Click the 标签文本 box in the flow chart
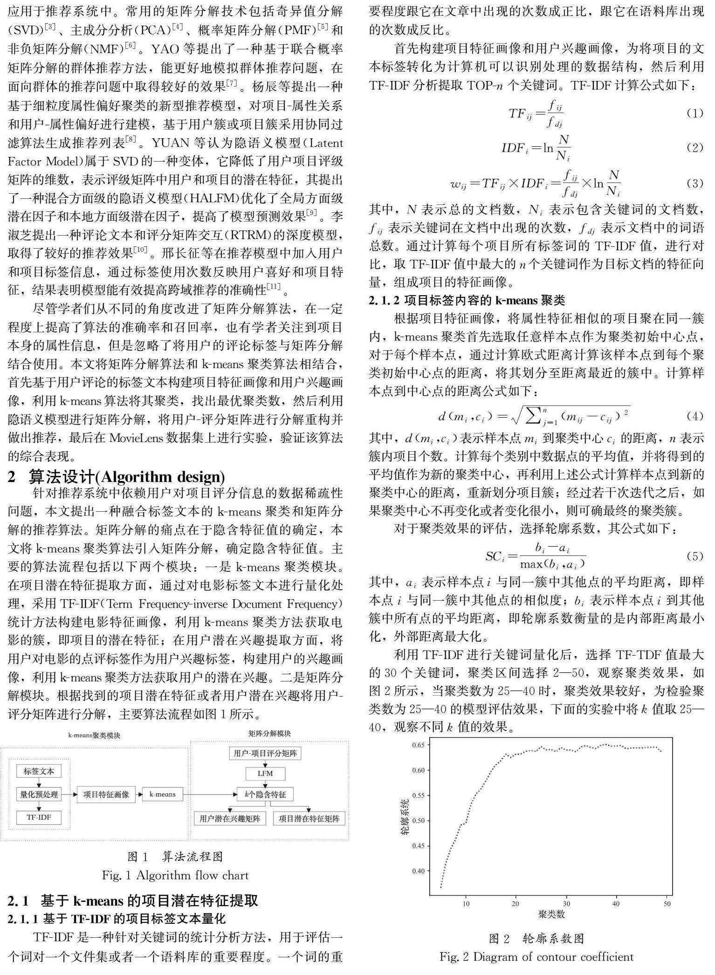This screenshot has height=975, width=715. click(x=39, y=772)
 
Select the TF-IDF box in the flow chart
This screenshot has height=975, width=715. click(x=39, y=817)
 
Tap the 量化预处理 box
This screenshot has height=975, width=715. click(x=39, y=794)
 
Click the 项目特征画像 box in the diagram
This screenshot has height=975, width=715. click(x=106, y=794)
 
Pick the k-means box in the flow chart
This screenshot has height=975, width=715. click(x=163, y=794)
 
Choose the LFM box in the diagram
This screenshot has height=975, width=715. click(x=265, y=773)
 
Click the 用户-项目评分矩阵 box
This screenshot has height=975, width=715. click(x=265, y=753)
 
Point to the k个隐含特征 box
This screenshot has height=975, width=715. click(x=265, y=794)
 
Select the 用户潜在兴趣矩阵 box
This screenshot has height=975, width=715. click(x=230, y=819)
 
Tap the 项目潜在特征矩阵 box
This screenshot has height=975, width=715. click(x=309, y=819)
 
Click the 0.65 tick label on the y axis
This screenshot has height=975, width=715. click(x=418, y=745)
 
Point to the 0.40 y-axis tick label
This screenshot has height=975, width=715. click(x=418, y=871)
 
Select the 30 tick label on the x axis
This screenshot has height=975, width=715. click(x=566, y=904)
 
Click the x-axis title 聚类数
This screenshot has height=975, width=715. click(x=551, y=914)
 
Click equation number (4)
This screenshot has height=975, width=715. click(x=694, y=416)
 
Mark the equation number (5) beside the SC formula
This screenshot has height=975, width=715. click(x=694, y=556)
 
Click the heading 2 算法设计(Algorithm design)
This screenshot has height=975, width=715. click(x=117, y=477)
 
